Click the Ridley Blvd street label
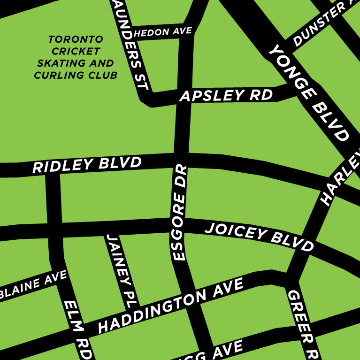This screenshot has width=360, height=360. [87, 165]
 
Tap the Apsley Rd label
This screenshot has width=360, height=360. [226, 95]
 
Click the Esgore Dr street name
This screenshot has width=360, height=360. [180, 213]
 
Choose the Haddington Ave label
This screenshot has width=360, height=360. [171, 305]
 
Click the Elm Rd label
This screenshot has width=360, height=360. [77, 329]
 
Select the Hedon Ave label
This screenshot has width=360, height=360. [163, 32]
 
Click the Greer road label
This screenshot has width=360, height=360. [303, 324]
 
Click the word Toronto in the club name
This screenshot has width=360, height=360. [76, 39]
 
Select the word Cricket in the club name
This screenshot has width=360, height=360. [76, 51]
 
